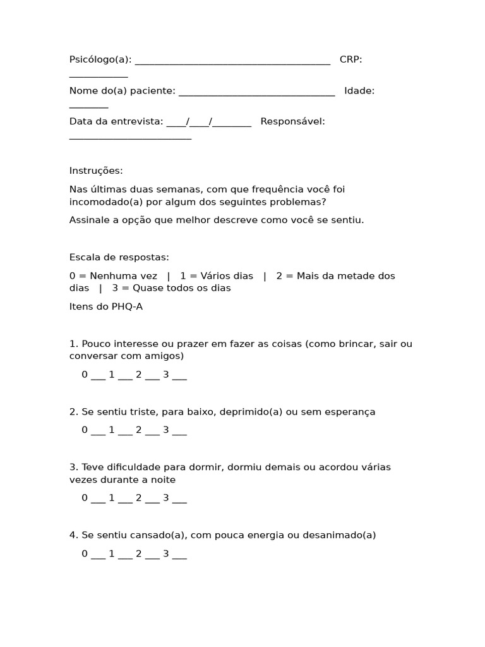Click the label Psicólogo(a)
[100, 59]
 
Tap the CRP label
[350, 59]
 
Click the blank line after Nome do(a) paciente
[256, 92]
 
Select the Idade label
[359, 90]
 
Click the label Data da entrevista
[116, 121]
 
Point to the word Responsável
[292, 121]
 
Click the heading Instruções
[96, 171]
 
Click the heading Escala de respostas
[119, 257]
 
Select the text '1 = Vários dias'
[217, 275]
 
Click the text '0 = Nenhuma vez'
[113, 275]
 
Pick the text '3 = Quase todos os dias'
[171, 288]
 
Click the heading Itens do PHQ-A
[102, 306]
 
